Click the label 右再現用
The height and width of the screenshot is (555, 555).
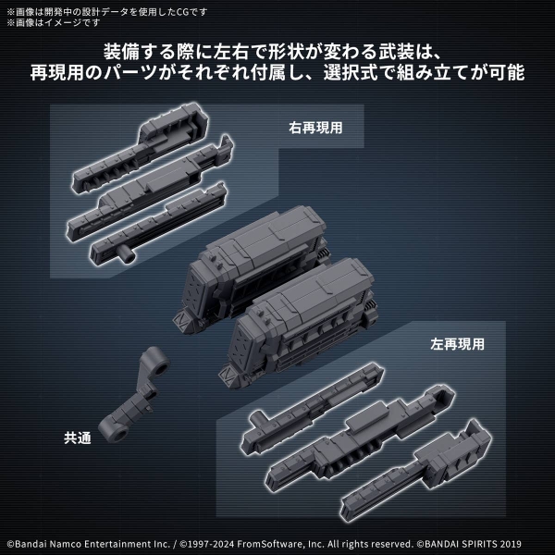[314, 128]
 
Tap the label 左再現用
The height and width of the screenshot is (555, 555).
[457, 342]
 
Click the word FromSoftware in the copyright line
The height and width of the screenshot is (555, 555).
[302, 540]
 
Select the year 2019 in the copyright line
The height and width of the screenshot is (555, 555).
[535, 540]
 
